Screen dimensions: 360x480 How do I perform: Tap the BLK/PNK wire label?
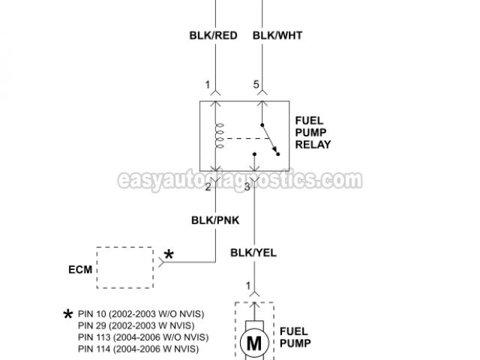point(216,220)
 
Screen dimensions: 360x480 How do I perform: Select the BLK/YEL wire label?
point(253,253)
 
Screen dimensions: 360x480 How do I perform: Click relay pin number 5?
point(256,85)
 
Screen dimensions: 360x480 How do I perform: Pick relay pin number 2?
point(208,186)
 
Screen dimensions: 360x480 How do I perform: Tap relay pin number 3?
point(247,186)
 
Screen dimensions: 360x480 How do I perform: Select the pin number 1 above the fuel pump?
point(248,285)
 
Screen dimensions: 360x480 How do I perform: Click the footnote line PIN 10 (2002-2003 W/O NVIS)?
point(140,313)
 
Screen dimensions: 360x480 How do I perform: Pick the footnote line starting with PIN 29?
point(135,325)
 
